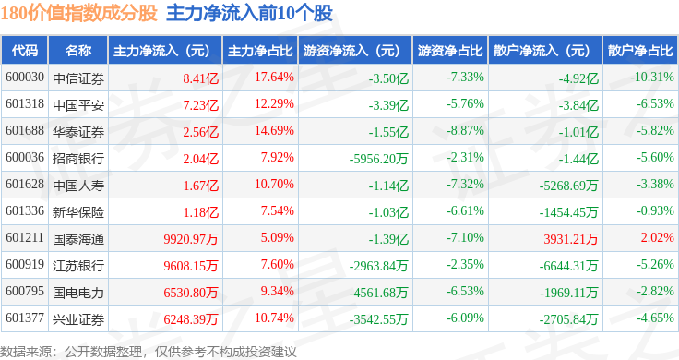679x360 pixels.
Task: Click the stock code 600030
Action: pyautogui.click(x=25, y=78)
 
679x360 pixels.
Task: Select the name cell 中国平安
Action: pyautogui.click(x=78, y=105)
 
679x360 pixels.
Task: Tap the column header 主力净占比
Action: pyautogui.click(x=260, y=51)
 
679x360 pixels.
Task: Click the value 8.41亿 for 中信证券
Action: pyautogui.click(x=200, y=78)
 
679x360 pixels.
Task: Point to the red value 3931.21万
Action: pyautogui.click(x=571, y=239)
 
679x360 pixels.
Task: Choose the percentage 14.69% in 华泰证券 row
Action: pyautogui.click(x=274, y=130)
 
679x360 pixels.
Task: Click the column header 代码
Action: pyautogui.click(x=25, y=51)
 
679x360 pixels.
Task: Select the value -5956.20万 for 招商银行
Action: pyautogui.click(x=378, y=159)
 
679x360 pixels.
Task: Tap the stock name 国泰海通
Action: pyautogui.click(x=78, y=239)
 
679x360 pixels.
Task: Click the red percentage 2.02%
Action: pyautogui.click(x=658, y=237)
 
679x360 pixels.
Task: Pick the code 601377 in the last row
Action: pyautogui.click(x=25, y=318)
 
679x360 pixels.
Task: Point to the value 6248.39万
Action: pyautogui.click(x=191, y=319)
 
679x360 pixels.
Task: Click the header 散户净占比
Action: pyautogui.click(x=640, y=51)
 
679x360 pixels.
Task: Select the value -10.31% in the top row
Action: pyautogui.click(x=652, y=78)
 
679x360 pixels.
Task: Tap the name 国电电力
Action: pyautogui.click(x=78, y=293)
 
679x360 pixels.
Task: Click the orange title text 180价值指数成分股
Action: pyautogui.click(x=78, y=13)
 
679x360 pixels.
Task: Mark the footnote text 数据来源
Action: pyautogui.click(x=26, y=352)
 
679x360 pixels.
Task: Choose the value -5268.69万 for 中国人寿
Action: pyautogui.click(x=568, y=186)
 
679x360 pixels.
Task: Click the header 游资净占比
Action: pyautogui.click(x=450, y=51)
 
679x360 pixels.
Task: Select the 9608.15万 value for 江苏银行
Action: pyautogui.click(x=191, y=266)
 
